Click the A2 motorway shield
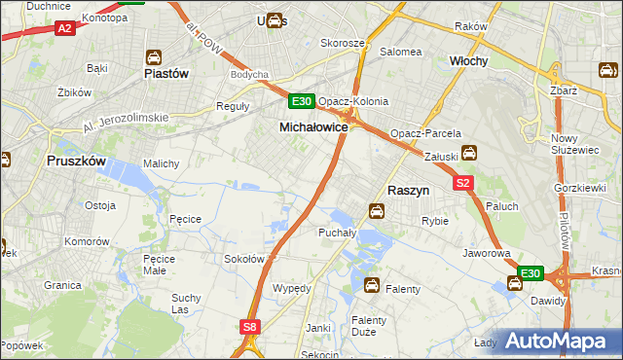click(64, 29)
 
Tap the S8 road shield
click(251, 328)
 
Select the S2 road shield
click(462, 182)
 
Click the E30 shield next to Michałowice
click(301, 101)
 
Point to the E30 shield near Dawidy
click(531, 274)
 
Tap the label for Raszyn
click(410, 192)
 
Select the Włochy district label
click(468, 60)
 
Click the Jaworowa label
click(487, 253)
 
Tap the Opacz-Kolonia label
click(353, 101)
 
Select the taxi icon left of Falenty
click(371, 285)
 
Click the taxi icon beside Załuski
click(468, 152)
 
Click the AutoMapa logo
click(557, 342)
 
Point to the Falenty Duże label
click(370, 326)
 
